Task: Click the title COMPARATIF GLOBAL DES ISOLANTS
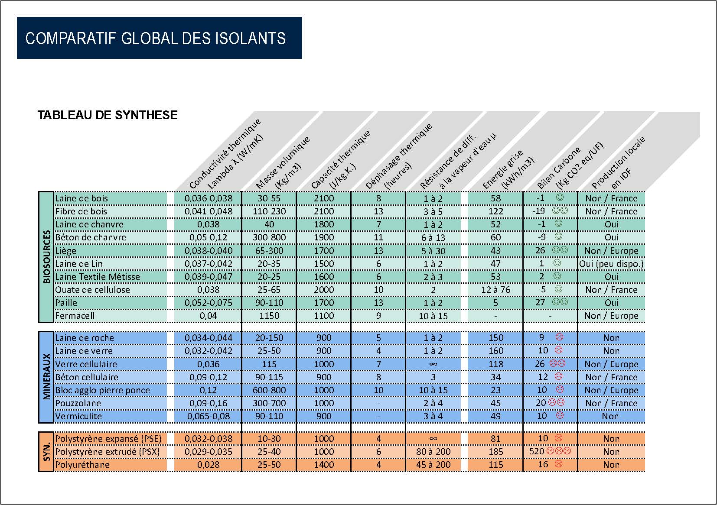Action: tap(155, 38)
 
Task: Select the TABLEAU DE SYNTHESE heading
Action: tap(108, 115)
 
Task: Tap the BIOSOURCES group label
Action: tap(46, 257)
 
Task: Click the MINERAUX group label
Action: tap(46, 377)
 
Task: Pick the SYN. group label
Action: tap(46, 451)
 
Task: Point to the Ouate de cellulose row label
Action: tap(92, 290)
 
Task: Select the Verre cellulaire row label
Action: tap(86, 364)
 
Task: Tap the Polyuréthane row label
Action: tap(82, 465)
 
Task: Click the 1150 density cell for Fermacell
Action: tap(269, 316)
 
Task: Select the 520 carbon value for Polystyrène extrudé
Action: tap(537, 451)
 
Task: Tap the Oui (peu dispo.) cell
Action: tap(611, 264)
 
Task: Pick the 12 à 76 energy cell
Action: tap(495, 290)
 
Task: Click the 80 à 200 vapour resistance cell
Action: tap(433, 452)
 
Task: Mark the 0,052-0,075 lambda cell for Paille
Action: tap(209, 303)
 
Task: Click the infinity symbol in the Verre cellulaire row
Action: tap(433, 364)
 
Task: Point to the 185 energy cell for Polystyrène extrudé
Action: tap(495, 452)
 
